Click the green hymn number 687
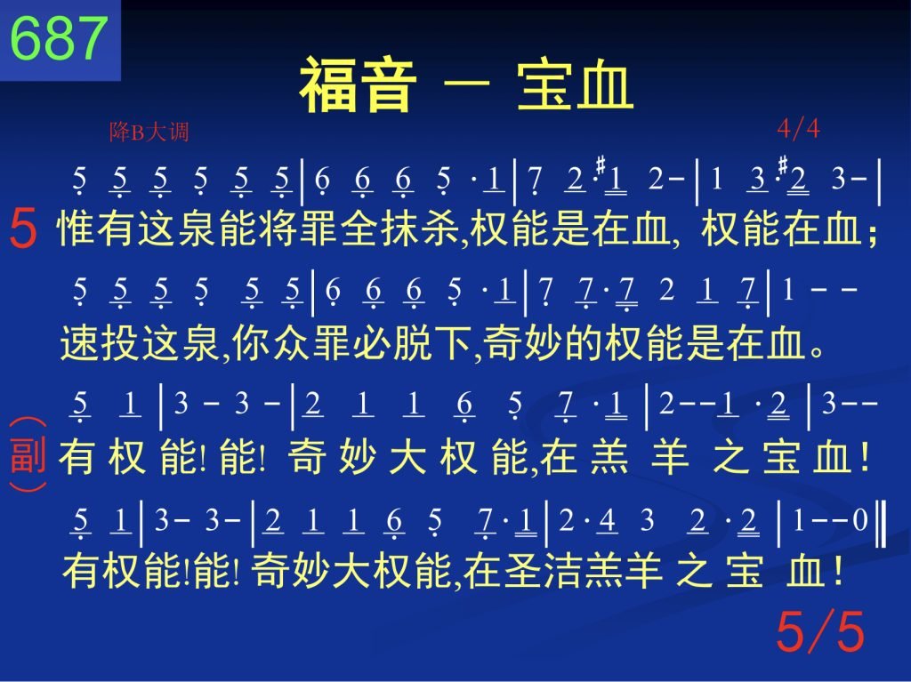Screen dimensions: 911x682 (60, 38)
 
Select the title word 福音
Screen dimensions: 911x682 (358, 84)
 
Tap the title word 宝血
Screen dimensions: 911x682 (575, 84)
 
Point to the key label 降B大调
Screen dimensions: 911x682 (149, 132)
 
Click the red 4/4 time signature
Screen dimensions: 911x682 (798, 128)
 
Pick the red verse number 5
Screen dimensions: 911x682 (23, 229)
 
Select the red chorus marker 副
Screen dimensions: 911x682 (28, 455)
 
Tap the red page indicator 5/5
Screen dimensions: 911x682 (820, 631)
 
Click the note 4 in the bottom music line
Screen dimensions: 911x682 (607, 520)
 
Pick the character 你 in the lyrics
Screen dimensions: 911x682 (250, 342)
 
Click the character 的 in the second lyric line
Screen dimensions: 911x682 (584, 342)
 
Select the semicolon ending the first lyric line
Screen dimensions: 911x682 (872, 232)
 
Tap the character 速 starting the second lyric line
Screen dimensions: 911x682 (79, 342)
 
